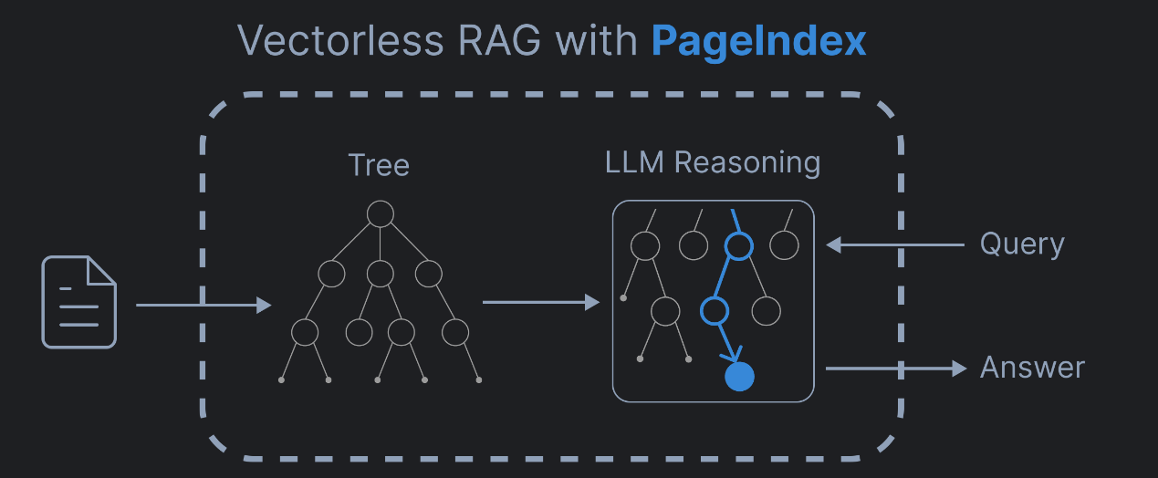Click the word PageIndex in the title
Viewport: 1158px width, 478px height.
pos(758,41)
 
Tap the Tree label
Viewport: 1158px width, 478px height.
pos(379,165)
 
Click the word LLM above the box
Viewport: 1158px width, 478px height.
pos(634,162)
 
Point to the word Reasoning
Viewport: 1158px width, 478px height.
pos(747,163)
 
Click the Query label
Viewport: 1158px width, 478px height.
pos(1022,244)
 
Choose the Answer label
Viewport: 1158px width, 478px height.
pos(1032,368)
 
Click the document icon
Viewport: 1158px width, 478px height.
pos(79,302)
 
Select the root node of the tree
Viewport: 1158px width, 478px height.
pos(380,213)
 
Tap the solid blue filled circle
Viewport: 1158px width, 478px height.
pos(739,377)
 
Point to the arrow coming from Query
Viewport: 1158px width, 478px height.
pos(894,244)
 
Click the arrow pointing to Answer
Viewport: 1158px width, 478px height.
pos(894,368)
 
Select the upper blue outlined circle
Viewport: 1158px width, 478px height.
pos(738,245)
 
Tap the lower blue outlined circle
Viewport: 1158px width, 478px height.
pos(714,311)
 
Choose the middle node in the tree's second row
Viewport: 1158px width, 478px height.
pos(380,273)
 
